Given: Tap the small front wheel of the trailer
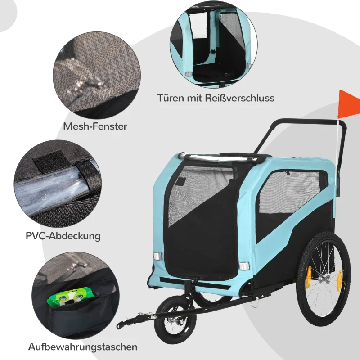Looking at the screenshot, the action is click(x=175, y=316).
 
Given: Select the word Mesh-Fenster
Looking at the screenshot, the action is click(x=95, y=126).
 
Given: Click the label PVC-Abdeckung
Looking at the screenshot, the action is click(x=63, y=236).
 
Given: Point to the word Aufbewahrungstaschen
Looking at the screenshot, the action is click(x=83, y=346).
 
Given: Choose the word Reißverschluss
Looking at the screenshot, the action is click(x=239, y=98).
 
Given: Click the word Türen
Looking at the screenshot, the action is click(x=171, y=98).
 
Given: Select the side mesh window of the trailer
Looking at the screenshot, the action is click(x=290, y=190).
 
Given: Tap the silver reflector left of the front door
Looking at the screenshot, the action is click(x=158, y=256).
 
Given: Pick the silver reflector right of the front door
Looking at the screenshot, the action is click(x=244, y=266).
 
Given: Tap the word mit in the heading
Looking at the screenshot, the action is click(x=194, y=98).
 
